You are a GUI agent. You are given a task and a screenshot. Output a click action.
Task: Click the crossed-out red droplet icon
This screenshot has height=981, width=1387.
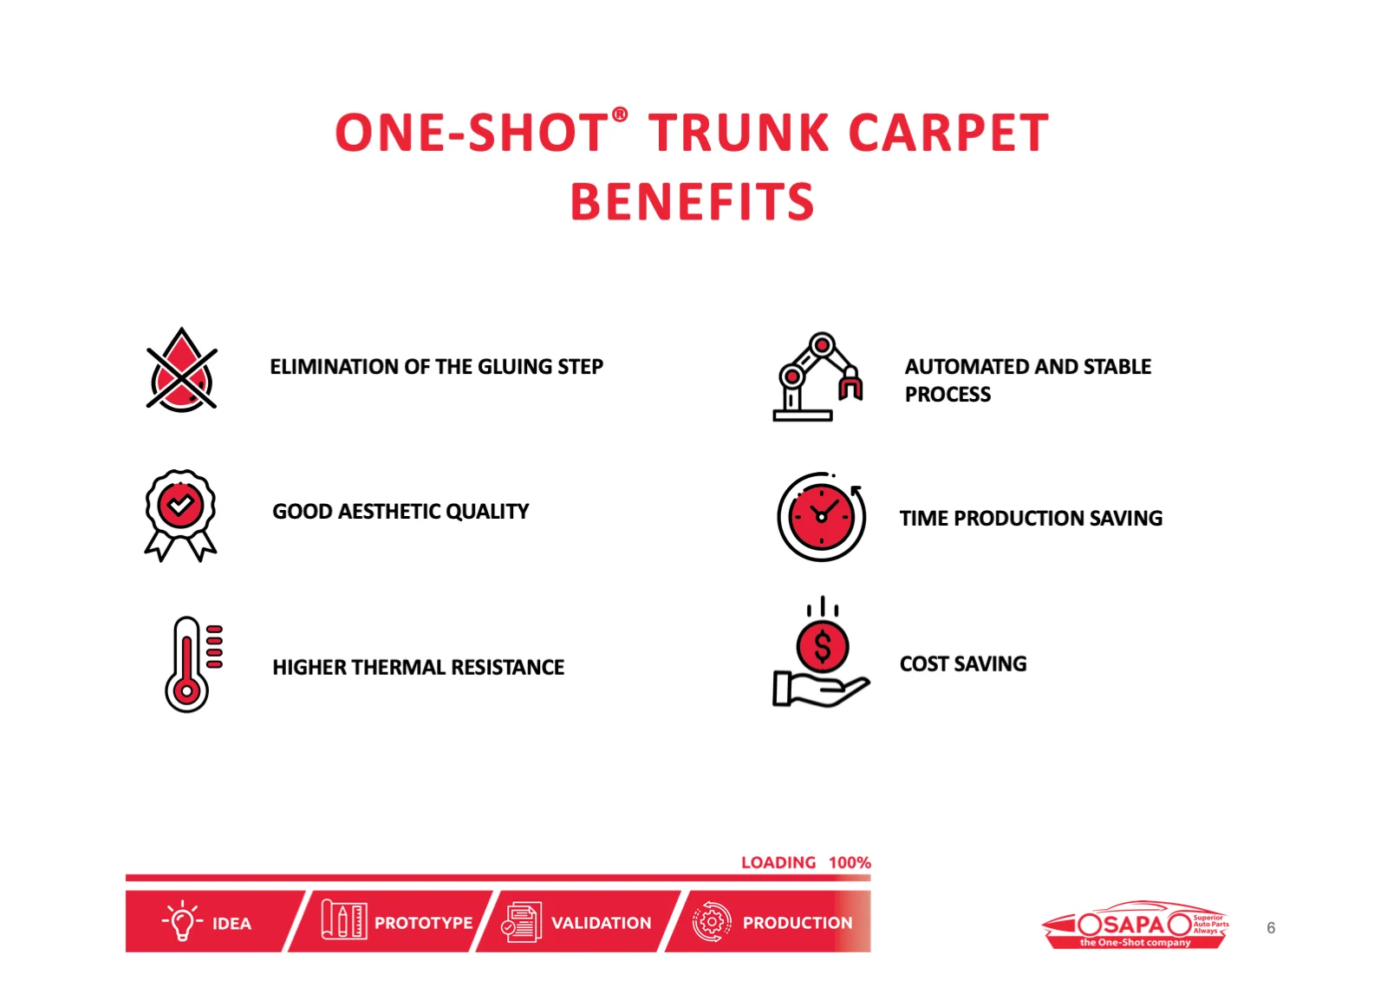181,370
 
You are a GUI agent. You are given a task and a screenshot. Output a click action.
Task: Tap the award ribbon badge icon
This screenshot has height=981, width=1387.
181,515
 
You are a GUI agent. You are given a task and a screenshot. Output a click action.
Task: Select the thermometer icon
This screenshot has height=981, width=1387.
193,664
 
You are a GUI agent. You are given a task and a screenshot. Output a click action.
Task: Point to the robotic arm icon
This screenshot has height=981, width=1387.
817,376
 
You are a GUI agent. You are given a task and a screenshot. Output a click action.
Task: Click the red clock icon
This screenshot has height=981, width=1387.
821,517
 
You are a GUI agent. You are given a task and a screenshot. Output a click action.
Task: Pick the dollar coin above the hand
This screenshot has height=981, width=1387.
823,646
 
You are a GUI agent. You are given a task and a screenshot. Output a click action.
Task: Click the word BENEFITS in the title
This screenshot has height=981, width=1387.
693,202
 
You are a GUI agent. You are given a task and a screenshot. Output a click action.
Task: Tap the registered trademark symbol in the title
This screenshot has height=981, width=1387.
620,114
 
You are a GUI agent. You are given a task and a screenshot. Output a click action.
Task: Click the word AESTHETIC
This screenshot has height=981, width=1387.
389,511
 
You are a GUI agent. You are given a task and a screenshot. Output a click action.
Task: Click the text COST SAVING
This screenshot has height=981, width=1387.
963,664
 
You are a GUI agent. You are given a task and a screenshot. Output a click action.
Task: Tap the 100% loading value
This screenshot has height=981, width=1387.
850,862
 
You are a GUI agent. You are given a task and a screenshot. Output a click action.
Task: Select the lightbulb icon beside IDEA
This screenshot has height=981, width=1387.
182,920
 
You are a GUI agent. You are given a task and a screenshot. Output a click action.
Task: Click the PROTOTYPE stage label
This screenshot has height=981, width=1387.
424,923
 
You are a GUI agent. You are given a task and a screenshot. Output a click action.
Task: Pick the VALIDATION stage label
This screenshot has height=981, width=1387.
602,923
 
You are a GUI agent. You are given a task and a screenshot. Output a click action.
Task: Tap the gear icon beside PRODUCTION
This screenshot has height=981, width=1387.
712,921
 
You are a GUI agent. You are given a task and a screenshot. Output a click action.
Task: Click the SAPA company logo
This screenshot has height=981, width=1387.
1135,924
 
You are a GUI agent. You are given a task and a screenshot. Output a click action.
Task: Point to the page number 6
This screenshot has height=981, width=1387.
1271,928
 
